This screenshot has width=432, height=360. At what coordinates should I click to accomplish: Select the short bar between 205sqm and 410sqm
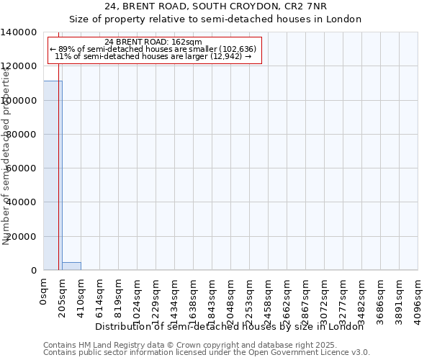(71, 266)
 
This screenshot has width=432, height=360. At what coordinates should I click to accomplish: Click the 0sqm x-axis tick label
(44, 292)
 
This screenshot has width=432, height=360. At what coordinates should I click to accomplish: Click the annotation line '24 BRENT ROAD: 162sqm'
(153, 42)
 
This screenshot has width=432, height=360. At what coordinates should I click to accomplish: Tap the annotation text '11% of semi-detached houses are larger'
(153, 56)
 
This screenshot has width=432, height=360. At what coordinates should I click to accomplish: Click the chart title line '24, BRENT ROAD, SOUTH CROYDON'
(215, 6)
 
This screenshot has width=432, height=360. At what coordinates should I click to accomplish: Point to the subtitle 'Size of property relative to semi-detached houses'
(215, 19)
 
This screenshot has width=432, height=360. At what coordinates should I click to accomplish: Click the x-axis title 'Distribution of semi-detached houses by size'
(230, 326)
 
